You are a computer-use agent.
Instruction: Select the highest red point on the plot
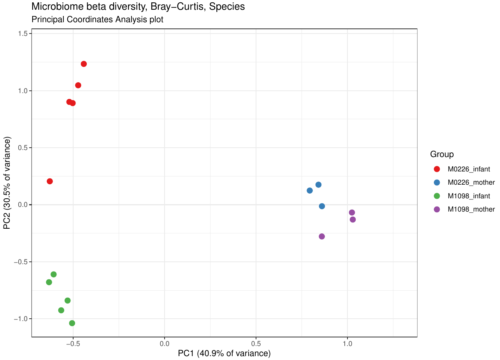84,64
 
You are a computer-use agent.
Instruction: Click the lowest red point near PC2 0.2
50,181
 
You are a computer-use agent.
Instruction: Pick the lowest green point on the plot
72,323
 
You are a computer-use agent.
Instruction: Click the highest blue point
318,185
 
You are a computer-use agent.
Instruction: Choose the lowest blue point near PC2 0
322,206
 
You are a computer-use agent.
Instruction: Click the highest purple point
352,212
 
